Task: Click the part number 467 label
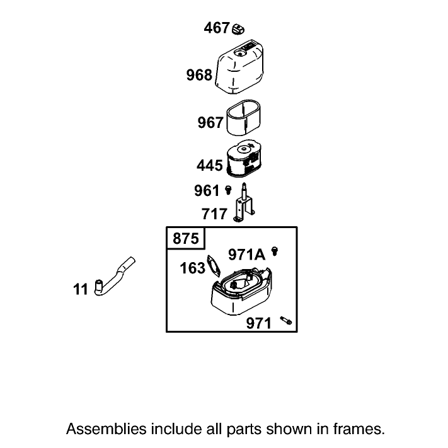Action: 217,28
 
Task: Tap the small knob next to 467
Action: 238,30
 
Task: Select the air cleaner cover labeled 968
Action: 239,67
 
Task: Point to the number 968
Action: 199,75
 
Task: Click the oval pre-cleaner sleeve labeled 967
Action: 243,117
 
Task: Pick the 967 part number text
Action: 210,122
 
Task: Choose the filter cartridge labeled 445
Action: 244,158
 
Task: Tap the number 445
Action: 210,166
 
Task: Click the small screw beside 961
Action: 228,190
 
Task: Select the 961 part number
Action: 207,190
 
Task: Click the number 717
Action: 214,214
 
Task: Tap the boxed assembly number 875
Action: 186,238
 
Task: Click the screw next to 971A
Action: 275,251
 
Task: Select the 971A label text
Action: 247,255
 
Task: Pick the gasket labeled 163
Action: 214,266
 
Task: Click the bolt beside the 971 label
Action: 285,320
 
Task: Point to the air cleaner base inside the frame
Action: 241,291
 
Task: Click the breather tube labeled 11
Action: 114,276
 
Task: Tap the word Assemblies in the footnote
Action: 106,430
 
